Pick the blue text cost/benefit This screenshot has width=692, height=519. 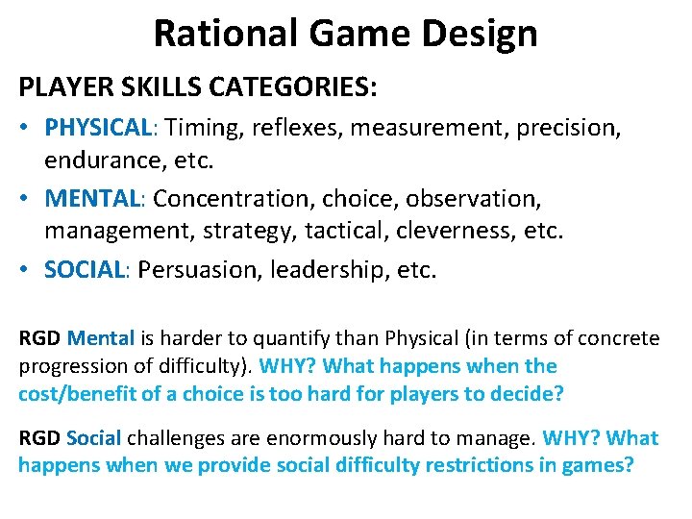tap(74, 394)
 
